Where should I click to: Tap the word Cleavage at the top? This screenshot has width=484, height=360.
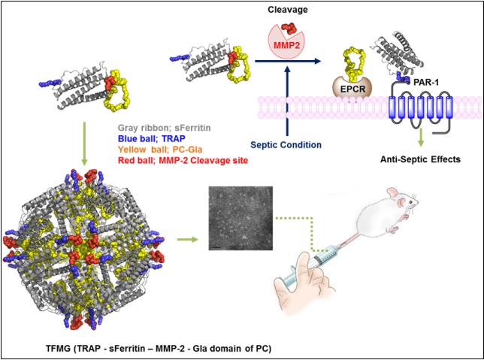tap(288, 10)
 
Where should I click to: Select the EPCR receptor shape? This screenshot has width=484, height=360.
tap(352, 88)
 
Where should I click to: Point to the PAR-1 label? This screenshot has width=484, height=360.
tap(426, 83)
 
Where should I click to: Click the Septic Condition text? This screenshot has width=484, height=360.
tap(286, 144)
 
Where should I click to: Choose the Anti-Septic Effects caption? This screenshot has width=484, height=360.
tap(420, 159)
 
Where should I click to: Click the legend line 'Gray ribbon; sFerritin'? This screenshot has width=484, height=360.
tap(164, 128)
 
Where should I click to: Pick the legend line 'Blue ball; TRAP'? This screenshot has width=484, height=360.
tap(152, 138)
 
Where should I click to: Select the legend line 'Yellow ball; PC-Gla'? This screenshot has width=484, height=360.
tap(160, 150)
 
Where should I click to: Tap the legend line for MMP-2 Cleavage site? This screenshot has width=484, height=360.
tap(183, 161)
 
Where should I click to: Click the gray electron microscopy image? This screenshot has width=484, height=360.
tap(240, 218)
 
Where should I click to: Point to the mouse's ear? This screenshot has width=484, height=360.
tap(393, 193)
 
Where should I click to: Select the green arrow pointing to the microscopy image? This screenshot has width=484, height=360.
tap(187, 239)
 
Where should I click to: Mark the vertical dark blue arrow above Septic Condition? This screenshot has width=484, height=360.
tap(287, 101)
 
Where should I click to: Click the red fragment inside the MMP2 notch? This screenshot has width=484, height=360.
tap(289, 29)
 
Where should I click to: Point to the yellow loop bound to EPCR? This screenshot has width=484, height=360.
tap(351, 62)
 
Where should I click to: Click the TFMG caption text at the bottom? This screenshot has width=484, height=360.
tap(159, 349)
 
